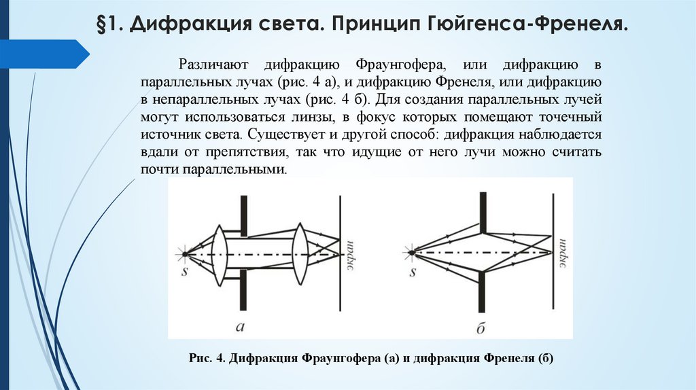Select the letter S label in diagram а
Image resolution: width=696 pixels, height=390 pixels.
pos(184,272)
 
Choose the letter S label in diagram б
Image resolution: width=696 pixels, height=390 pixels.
pos(412,272)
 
